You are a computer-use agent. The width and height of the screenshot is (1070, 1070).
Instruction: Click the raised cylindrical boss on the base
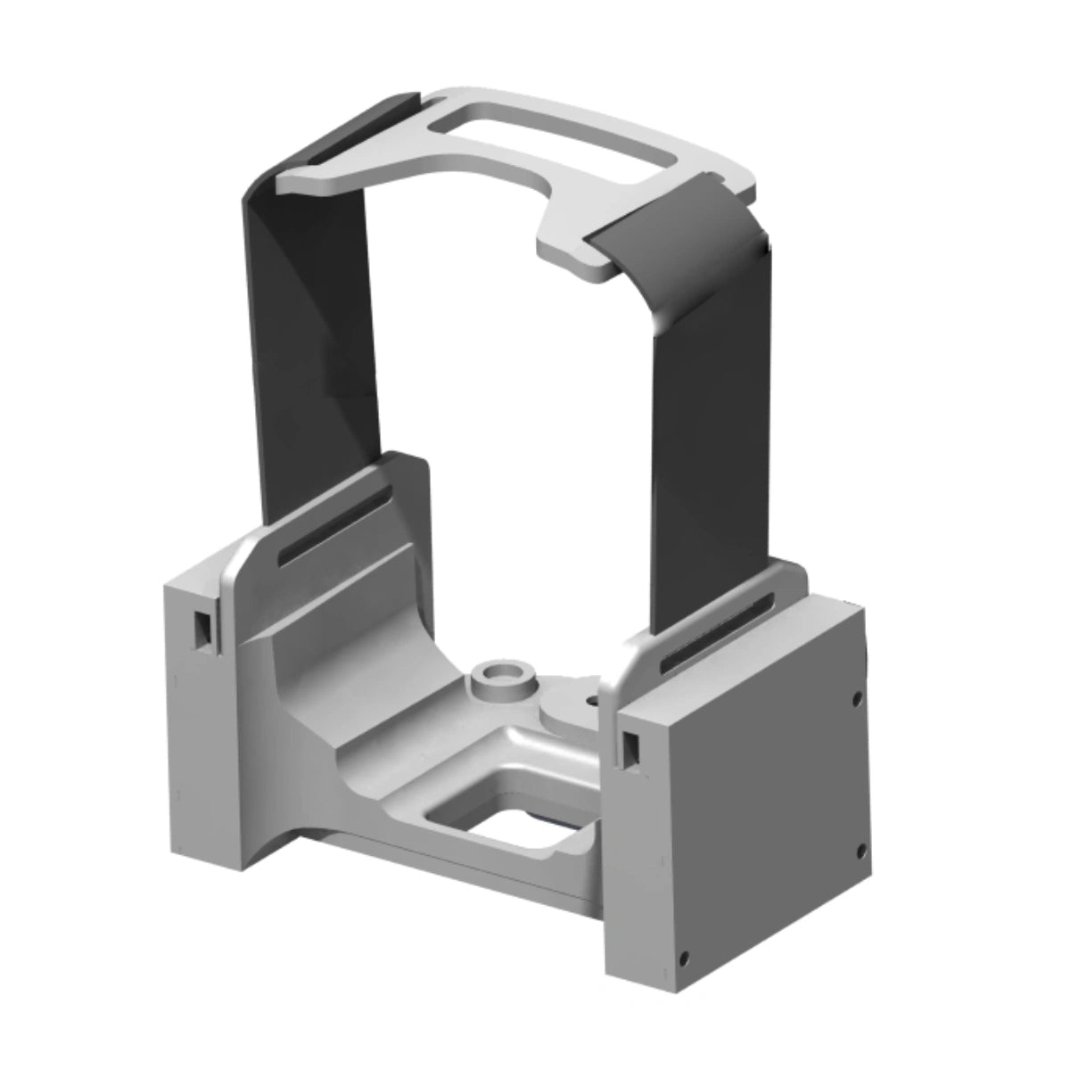500,679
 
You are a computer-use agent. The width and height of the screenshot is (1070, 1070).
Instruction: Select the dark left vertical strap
312,357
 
